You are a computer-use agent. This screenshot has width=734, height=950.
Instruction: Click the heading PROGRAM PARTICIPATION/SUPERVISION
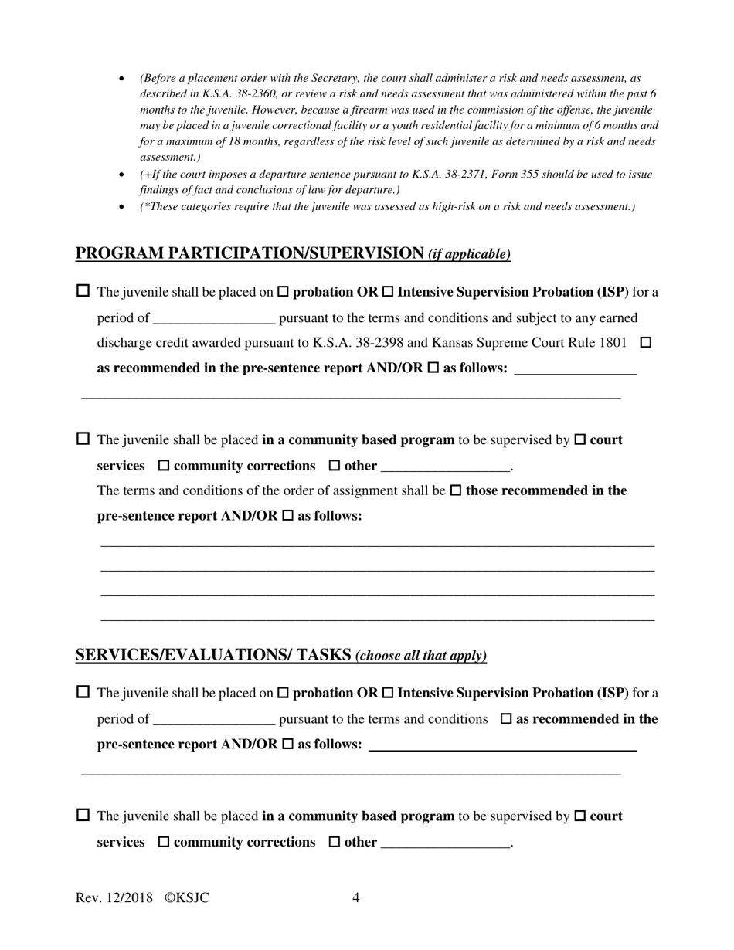point(250,253)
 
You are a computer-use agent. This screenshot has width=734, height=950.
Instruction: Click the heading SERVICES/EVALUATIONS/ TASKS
point(213,655)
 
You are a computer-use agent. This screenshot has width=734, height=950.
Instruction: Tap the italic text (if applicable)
point(470,254)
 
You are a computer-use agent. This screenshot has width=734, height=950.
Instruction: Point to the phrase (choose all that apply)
point(421,656)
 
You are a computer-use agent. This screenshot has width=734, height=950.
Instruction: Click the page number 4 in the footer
point(355,897)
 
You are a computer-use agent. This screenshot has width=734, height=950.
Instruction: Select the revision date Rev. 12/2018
point(114,897)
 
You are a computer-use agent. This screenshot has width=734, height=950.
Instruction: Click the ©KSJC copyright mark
point(187,897)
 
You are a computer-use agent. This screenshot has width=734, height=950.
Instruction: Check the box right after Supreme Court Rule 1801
point(647,342)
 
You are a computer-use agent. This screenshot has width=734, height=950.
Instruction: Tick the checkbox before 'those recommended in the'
point(456,490)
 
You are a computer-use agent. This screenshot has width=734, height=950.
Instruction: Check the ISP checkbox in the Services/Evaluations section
point(388,693)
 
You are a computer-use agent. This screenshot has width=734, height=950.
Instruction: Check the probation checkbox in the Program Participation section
point(283,292)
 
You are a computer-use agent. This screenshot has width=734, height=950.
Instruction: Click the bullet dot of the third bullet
point(122,206)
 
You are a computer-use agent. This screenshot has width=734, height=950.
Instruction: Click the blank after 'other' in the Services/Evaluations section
point(446,843)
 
